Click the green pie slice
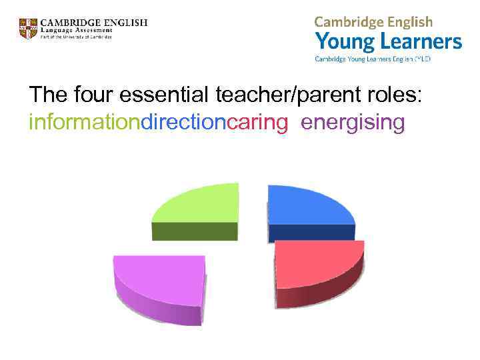200,207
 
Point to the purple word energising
353,123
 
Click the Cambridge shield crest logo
28,29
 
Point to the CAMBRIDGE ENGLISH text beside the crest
94,22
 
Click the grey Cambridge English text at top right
373,22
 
